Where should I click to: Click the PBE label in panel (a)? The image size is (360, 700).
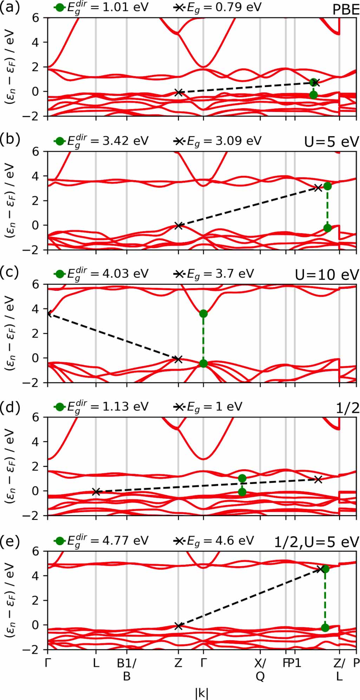(x=346, y=10)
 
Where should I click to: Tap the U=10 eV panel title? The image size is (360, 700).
(x=327, y=275)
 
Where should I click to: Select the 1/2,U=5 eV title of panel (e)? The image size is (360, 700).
(x=316, y=542)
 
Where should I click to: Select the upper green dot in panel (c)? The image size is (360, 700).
(x=203, y=314)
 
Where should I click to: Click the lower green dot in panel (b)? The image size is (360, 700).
(x=327, y=228)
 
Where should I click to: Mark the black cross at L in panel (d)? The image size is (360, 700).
(x=96, y=492)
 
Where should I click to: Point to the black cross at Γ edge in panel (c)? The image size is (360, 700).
(x=48, y=313)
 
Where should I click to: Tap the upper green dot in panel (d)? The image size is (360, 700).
(x=242, y=478)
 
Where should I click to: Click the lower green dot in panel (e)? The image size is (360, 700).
(x=325, y=628)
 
